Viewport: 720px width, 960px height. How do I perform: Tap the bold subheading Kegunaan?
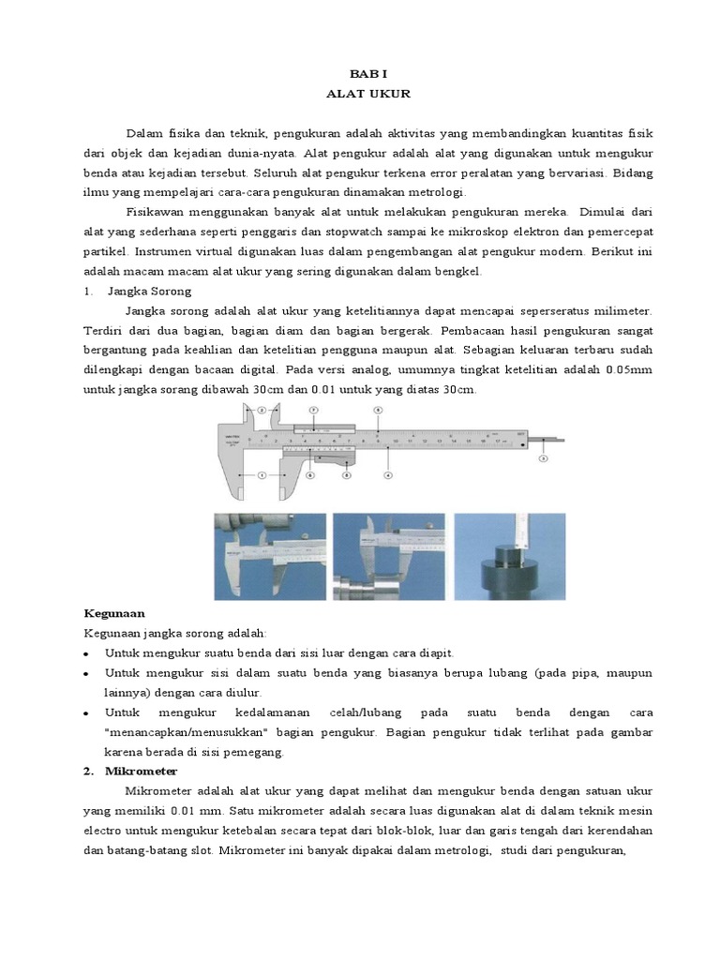click(113, 613)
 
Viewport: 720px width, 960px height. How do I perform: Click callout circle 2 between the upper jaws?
click(262, 409)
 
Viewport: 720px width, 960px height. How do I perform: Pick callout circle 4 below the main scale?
click(386, 475)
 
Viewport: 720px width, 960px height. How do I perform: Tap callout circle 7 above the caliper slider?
click(314, 410)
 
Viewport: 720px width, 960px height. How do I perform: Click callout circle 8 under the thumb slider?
click(346, 475)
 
